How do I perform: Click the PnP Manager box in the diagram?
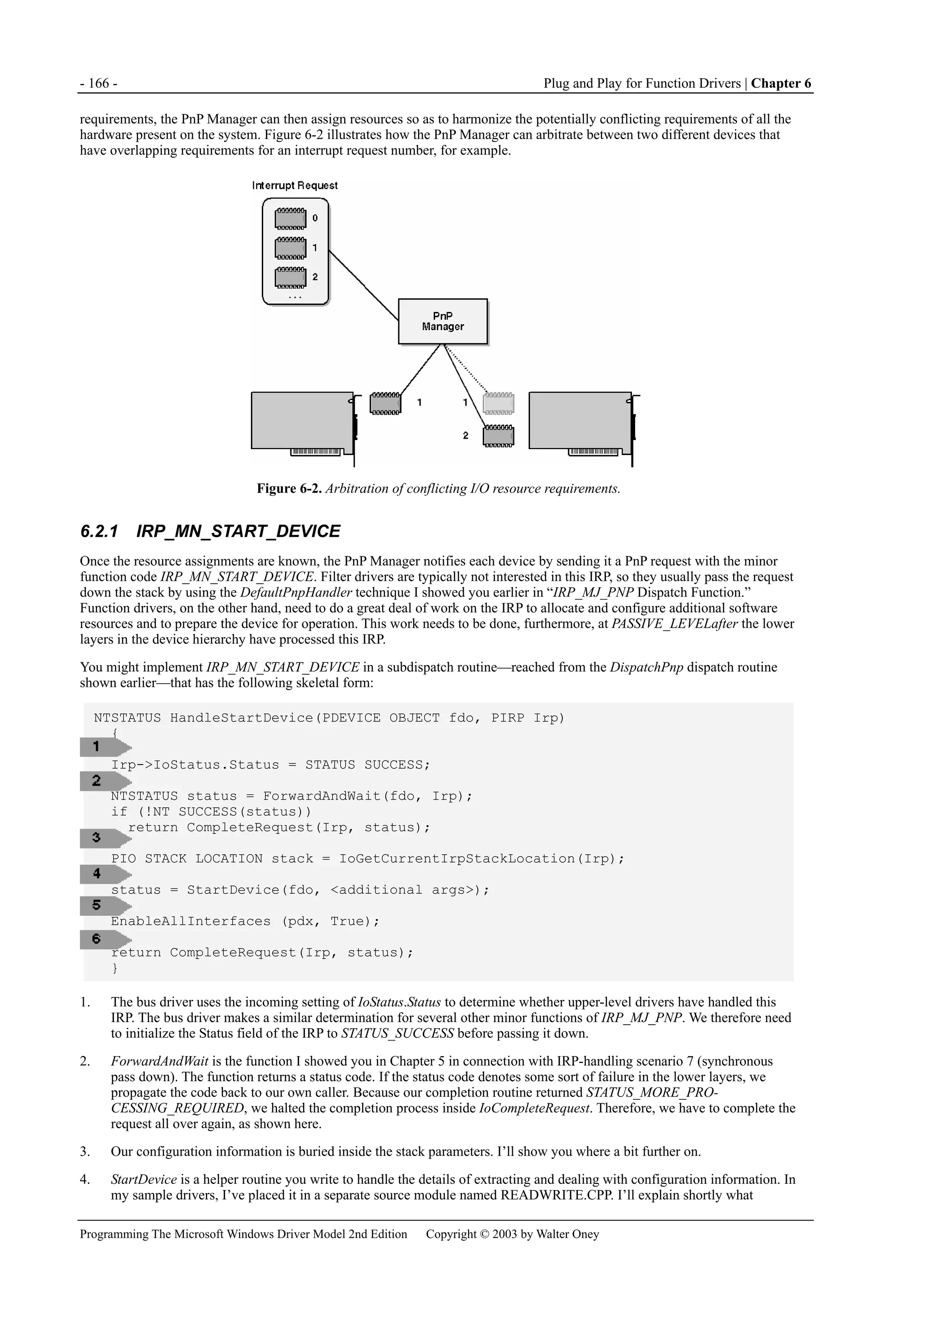(x=443, y=321)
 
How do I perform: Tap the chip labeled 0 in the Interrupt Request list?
(x=290, y=219)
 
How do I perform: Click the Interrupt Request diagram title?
(x=295, y=185)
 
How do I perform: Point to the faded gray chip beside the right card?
(x=499, y=403)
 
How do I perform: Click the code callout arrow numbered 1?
(x=105, y=747)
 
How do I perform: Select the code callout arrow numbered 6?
(x=105, y=939)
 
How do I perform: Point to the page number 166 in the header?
(x=99, y=83)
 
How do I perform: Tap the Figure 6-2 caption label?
(x=289, y=489)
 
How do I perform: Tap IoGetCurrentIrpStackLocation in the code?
(x=456, y=859)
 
